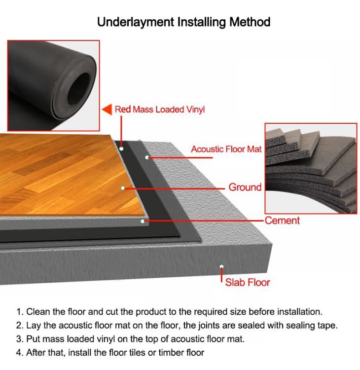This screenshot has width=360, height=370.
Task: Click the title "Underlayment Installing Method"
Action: (183, 22)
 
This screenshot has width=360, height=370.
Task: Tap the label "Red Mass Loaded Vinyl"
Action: (160, 110)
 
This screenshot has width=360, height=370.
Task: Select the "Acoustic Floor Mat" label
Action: (226, 149)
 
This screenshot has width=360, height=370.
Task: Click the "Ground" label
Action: (245, 187)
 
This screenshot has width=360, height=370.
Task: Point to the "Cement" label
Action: (282, 221)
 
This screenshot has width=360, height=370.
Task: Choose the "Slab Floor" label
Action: (248, 282)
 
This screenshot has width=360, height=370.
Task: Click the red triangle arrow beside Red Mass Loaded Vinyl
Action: (107, 110)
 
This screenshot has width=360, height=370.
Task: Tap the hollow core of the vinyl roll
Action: (78, 89)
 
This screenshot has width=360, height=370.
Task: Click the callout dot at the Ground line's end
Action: (123, 188)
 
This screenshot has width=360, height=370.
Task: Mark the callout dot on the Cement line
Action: (143, 221)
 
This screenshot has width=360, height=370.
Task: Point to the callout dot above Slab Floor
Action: (221, 266)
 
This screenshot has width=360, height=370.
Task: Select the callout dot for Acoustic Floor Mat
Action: (147, 157)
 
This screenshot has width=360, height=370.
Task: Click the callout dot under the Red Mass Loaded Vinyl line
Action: (121, 148)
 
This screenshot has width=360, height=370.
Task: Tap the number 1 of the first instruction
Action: (19, 312)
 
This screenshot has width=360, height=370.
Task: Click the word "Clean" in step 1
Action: (38, 312)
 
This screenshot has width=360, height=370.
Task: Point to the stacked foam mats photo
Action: (311, 169)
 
